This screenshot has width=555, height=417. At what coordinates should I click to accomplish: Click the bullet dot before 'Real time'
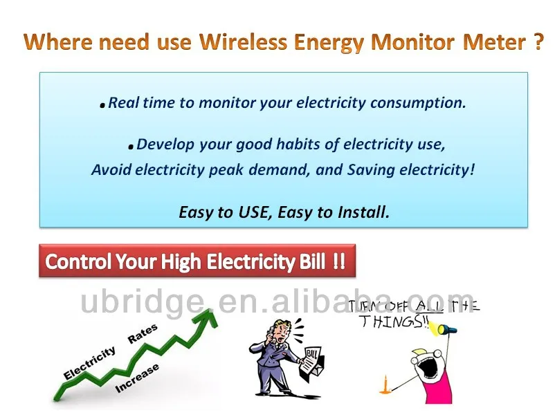tap(102, 106)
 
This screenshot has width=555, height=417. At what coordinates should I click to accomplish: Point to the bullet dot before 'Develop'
tap(131, 147)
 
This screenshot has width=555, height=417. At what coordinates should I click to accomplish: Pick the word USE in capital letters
tap(251, 212)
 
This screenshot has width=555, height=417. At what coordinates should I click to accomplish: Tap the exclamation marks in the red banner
tap(338, 261)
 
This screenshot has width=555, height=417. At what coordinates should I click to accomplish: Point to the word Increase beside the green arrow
tap(137, 377)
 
